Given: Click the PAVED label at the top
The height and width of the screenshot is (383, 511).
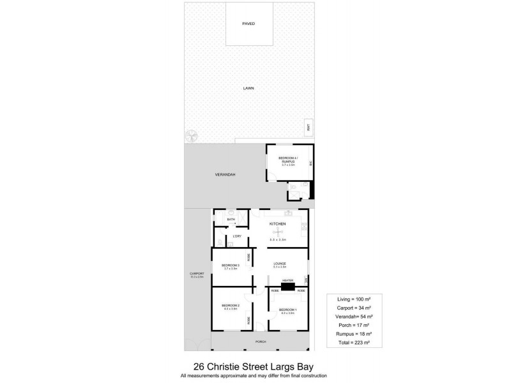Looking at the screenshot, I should (x=248, y=24).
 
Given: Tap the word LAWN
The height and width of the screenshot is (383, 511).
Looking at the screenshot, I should (x=248, y=88).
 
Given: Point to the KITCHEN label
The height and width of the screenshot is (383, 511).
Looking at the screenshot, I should (x=277, y=223).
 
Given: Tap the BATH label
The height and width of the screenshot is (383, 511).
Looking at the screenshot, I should (x=231, y=220).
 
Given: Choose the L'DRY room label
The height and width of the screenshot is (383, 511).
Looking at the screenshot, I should (x=236, y=237).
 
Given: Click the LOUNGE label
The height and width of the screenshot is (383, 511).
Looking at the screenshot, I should (x=280, y=263).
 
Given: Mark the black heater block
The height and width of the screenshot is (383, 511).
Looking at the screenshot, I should (x=287, y=287).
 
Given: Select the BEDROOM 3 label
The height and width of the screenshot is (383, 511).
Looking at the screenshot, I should (x=230, y=265).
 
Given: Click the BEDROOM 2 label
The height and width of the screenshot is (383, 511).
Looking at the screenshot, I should (x=230, y=306).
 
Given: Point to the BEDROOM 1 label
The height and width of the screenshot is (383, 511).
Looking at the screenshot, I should (x=286, y=310).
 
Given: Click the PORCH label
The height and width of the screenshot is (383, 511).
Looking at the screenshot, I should (x=260, y=342).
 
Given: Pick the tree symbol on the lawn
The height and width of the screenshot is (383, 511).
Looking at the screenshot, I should (x=192, y=136).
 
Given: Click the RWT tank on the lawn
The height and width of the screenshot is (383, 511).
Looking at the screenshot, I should (x=308, y=127).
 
